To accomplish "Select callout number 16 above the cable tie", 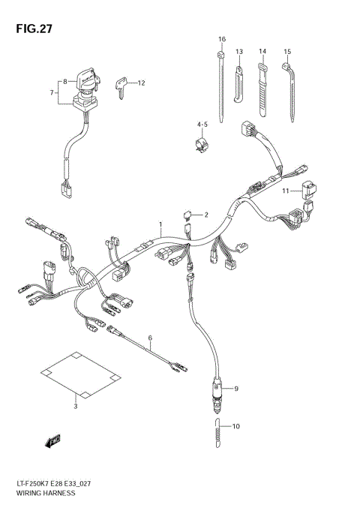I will [x=222, y=38].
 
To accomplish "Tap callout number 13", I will [x=239, y=51].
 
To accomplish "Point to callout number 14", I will [x=262, y=51].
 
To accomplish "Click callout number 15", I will [x=287, y=51].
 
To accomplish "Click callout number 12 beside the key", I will [x=140, y=83].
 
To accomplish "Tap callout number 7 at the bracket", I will [x=52, y=93].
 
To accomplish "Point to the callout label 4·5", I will [x=202, y=124].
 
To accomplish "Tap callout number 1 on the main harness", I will [x=159, y=224].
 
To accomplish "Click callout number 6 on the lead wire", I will [x=149, y=338].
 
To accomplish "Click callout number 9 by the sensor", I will [x=236, y=389].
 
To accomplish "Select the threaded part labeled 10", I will [x=217, y=433].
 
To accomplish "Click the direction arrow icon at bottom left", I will [x=52, y=443].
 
